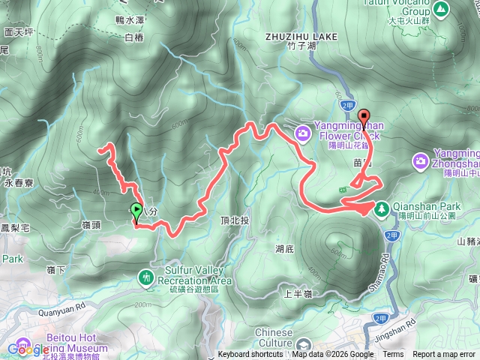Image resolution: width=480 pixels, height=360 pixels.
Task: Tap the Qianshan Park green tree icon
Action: pos(381,208)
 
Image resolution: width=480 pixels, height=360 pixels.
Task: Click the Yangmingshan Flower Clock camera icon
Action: pos(304,133)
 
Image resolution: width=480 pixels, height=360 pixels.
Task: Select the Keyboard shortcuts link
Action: pos(250,355)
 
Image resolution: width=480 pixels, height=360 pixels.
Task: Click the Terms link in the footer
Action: pos(392,355)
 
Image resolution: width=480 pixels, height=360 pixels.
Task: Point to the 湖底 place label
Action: pos(284,248)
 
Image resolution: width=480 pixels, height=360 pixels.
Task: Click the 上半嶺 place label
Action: pos(298,294)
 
